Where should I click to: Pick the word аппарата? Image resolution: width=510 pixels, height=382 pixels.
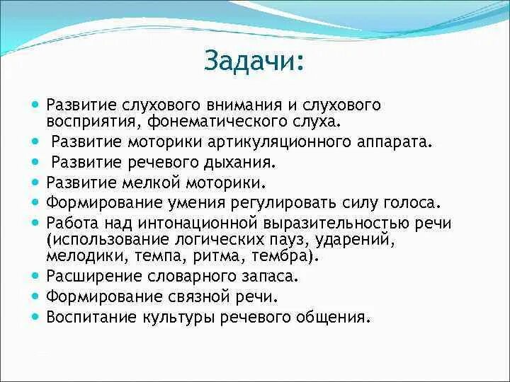[395, 141]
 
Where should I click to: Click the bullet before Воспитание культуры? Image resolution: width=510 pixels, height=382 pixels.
[36, 316]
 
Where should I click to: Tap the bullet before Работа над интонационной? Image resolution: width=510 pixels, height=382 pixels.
[36, 223]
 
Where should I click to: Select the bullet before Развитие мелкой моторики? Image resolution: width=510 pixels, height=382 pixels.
[36, 182]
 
